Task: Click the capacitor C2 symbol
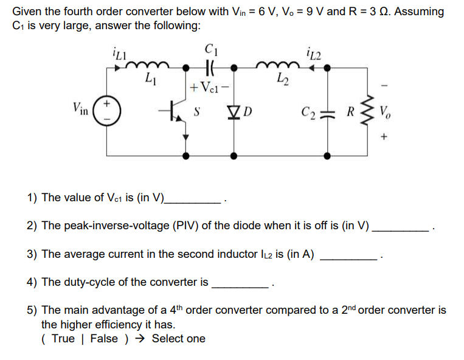pyautogui.click(x=329, y=112)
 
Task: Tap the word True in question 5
pyautogui.click(x=63, y=339)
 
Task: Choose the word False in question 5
pyautogui.click(x=104, y=339)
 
